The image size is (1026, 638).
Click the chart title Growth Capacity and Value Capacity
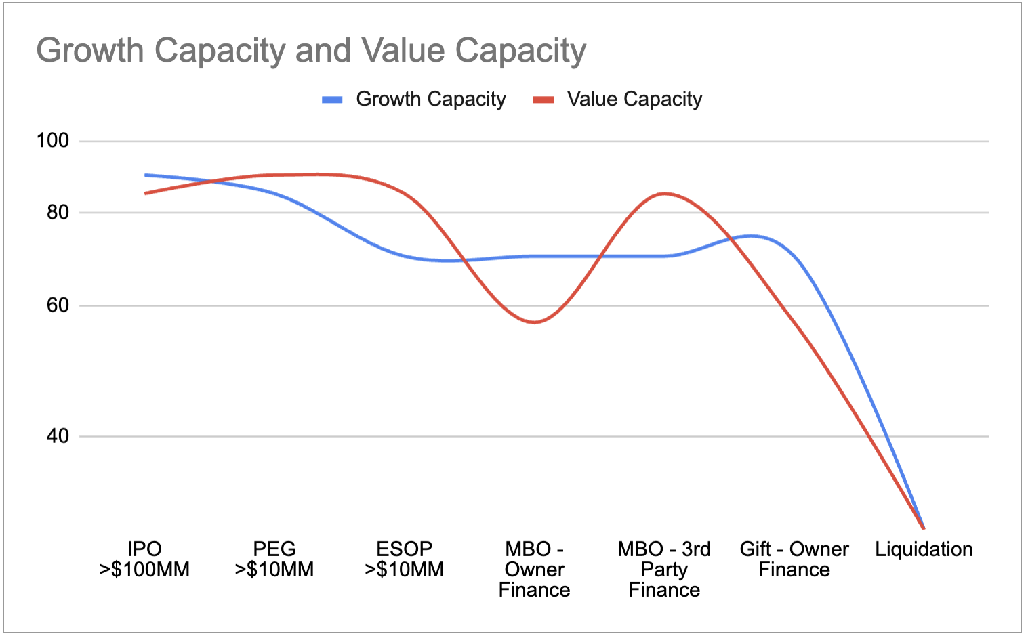pos(311,51)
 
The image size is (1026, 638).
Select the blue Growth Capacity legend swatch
pos(332,100)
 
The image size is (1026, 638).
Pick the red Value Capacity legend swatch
pos(543,100)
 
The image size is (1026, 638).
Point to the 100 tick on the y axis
pos(53,141)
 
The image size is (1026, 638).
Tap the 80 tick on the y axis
pos(58,213)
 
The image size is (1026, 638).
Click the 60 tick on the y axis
pos(58,305)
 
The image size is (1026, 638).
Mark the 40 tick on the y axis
pos(58,436)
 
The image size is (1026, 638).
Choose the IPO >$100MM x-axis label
pos(144,559)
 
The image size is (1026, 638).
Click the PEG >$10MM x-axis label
pos(274,559)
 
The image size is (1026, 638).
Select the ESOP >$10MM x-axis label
pos(405,559)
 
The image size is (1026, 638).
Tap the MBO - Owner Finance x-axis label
pos(534,570)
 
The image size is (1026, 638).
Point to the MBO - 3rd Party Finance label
pos(664,570)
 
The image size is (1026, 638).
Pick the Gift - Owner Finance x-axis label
pos(794,559)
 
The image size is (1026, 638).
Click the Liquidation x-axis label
pos(924,549)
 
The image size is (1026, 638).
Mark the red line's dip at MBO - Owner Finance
pos(534,322)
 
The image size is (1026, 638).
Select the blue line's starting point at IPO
pos(145,175)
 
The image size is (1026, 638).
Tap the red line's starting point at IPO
pos(145,193)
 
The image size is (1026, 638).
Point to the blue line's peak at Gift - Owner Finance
pos(752,236)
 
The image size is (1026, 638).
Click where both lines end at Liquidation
pos(923,527)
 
